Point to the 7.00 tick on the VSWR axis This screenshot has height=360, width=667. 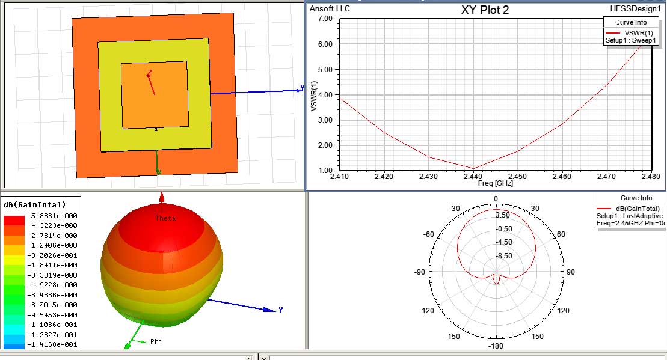pyautogui.click(x=325, y=19)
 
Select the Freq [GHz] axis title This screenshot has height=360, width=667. pyautogui.click(x=494, y=183)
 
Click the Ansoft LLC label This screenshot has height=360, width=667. pyautogui.click(x=330, y=9)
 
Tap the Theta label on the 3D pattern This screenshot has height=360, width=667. pyautogui.click(x=165, y=218)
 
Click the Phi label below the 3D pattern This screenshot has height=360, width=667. pyautogui.click(x=156, y=341)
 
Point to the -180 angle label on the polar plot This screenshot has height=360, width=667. pyautogui.click(x=496, y=347)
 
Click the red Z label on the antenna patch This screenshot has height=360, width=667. pyautogui.click(x=149, y=72)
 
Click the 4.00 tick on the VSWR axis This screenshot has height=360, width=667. pyautogui.click(x=325, y=95)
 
